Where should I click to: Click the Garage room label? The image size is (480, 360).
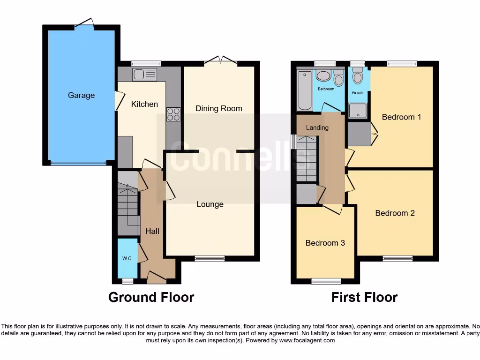point(81,95)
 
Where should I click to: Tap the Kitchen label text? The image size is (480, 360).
point(144,104)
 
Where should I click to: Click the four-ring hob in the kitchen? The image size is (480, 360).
point(173,114)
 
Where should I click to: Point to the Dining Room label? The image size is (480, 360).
point(219,108)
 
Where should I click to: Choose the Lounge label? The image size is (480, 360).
point(210,204)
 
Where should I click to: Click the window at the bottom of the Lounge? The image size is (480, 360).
point(210,258)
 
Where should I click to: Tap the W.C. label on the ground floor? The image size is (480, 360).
point(127,258)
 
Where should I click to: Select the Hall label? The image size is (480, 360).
point(152,231)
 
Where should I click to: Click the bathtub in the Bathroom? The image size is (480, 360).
point(305,90)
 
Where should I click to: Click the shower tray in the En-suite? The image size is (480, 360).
point(358,109)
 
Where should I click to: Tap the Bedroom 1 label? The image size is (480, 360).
point(401,117)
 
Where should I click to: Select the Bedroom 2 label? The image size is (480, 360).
point(395,213)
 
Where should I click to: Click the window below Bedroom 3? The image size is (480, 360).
point(327,281)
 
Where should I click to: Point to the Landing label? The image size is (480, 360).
point(317,127)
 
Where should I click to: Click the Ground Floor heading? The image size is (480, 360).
point(151,297)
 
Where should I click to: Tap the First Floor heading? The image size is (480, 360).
point(364,297)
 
